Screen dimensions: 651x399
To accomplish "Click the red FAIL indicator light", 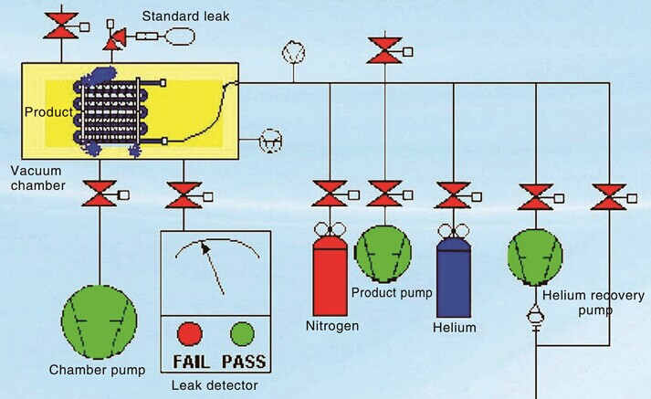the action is pyautogui.click(x=190, y=334).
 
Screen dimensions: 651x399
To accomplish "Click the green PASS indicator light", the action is pyautogui.click(x=243, y=334).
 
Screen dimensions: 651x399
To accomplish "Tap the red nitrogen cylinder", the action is pyautogui.click(x=331, y=276).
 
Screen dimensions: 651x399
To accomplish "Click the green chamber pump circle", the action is pyautogui.click(x=100, y=321).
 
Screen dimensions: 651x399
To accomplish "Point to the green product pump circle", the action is pyautogui.click(x=384, y=254).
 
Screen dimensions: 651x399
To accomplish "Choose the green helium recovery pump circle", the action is pyautogui.click(x=536, y=257).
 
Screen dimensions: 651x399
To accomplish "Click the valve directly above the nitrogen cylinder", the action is pyautogui.click(x=330, y=194).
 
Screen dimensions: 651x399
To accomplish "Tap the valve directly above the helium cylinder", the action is pyautogui.click(x=454, y=195).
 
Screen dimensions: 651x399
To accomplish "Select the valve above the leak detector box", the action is pyautogui.click(x=184, y=194).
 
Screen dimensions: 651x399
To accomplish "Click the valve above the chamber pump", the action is pyautogui.click(x=100, y=193).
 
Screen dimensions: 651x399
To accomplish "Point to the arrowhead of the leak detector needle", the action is pyautogui.click(x=205, y=247).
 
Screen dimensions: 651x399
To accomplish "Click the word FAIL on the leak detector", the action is pyautogui.click(x=192, y=362).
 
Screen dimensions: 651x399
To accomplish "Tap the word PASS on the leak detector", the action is pyautogui.click(x=244, y=362).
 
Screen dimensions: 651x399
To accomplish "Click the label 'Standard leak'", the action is pyautogui.click(x=185, y=16).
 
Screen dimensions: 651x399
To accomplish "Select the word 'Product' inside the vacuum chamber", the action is pyautogui.click(x=48, y=112).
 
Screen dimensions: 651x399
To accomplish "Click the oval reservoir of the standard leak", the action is pyautogui.click(x=181, y=36).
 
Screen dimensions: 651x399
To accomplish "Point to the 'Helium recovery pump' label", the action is pyautogui.click(x=593, y=303).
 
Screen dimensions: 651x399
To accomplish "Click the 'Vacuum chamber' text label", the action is pyautogui.click(x=37, y=178).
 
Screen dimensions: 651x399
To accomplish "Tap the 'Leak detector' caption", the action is pyautogui.click(x=215, y=385).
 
